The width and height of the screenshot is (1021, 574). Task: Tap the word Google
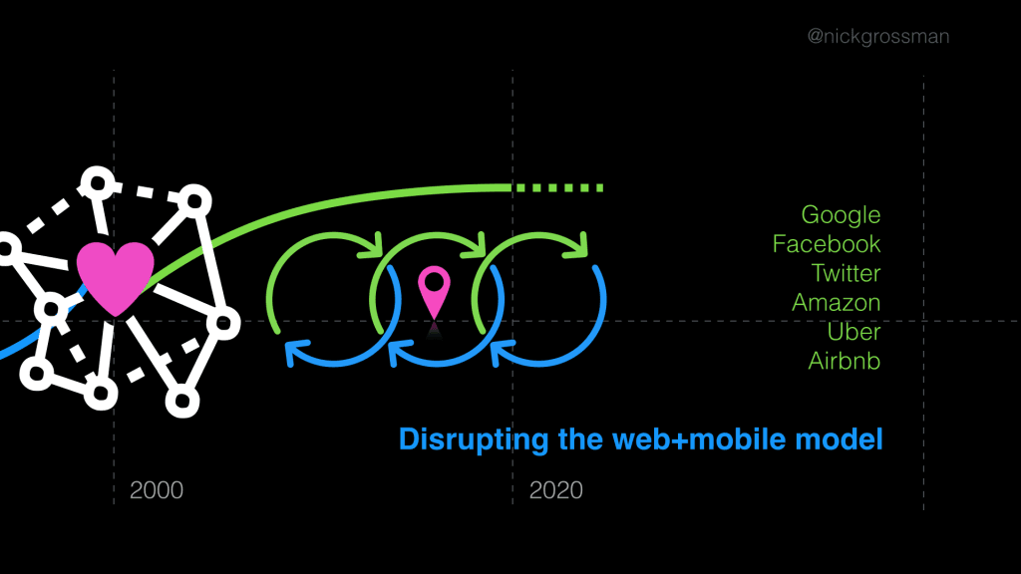[841, 214]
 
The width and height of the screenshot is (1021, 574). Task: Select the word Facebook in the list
[827, 243]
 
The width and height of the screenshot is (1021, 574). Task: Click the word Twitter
[846, 272]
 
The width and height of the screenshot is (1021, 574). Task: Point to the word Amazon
[836, 302]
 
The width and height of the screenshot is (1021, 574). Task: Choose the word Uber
[853, 331]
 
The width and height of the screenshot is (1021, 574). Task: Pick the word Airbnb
[844, 360]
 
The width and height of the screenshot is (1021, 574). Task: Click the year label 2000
[157, 490]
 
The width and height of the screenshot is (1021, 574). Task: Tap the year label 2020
[556, 490]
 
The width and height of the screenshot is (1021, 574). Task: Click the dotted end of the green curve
[558, 187]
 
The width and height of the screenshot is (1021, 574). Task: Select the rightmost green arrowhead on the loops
[577, 245]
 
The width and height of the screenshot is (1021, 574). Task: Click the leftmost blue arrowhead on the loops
[296, 351]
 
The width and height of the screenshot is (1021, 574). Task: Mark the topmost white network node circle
[96, 182]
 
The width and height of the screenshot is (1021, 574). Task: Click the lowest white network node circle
[181, 402]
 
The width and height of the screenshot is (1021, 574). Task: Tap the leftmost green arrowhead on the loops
[374, 244]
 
